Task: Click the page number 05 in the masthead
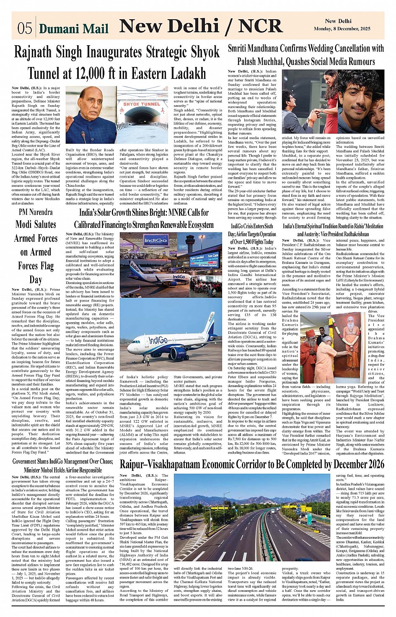(25, 28)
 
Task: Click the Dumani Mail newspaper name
(73, 28)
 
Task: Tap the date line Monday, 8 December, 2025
(342, 29)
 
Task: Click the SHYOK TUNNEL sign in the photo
(142, 103)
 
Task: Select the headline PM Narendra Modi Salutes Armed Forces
(36, 245)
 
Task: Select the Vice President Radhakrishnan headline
(333, 230)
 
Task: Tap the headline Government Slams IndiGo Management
(62, 465)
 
